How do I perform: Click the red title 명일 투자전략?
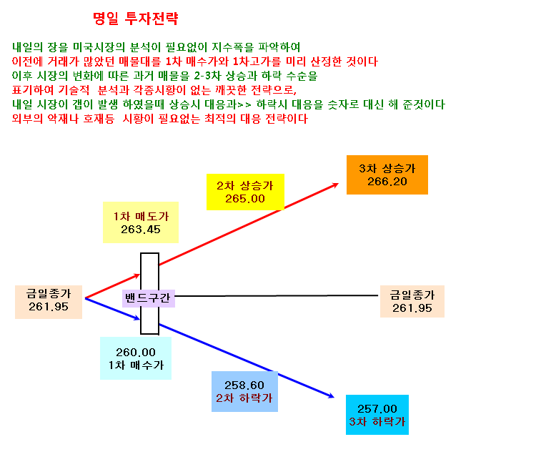[136, 19]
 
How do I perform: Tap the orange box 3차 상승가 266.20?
[387, 175]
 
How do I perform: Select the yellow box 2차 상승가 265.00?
[245, 192]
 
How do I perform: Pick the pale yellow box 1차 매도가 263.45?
[141, 222]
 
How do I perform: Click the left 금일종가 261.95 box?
[49, 302]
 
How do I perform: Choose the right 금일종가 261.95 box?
[412, 301]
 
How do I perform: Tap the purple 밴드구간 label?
[149, 298]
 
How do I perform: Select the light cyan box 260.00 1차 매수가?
[136, 358]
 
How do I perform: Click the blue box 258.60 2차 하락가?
[244, 392]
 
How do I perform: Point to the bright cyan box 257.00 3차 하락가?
[377, 415]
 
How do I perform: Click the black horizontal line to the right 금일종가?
[277, 295]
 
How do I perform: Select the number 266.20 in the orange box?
[387, 182]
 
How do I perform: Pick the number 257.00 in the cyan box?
[377, 409]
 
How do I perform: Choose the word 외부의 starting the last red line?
[28, 119]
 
